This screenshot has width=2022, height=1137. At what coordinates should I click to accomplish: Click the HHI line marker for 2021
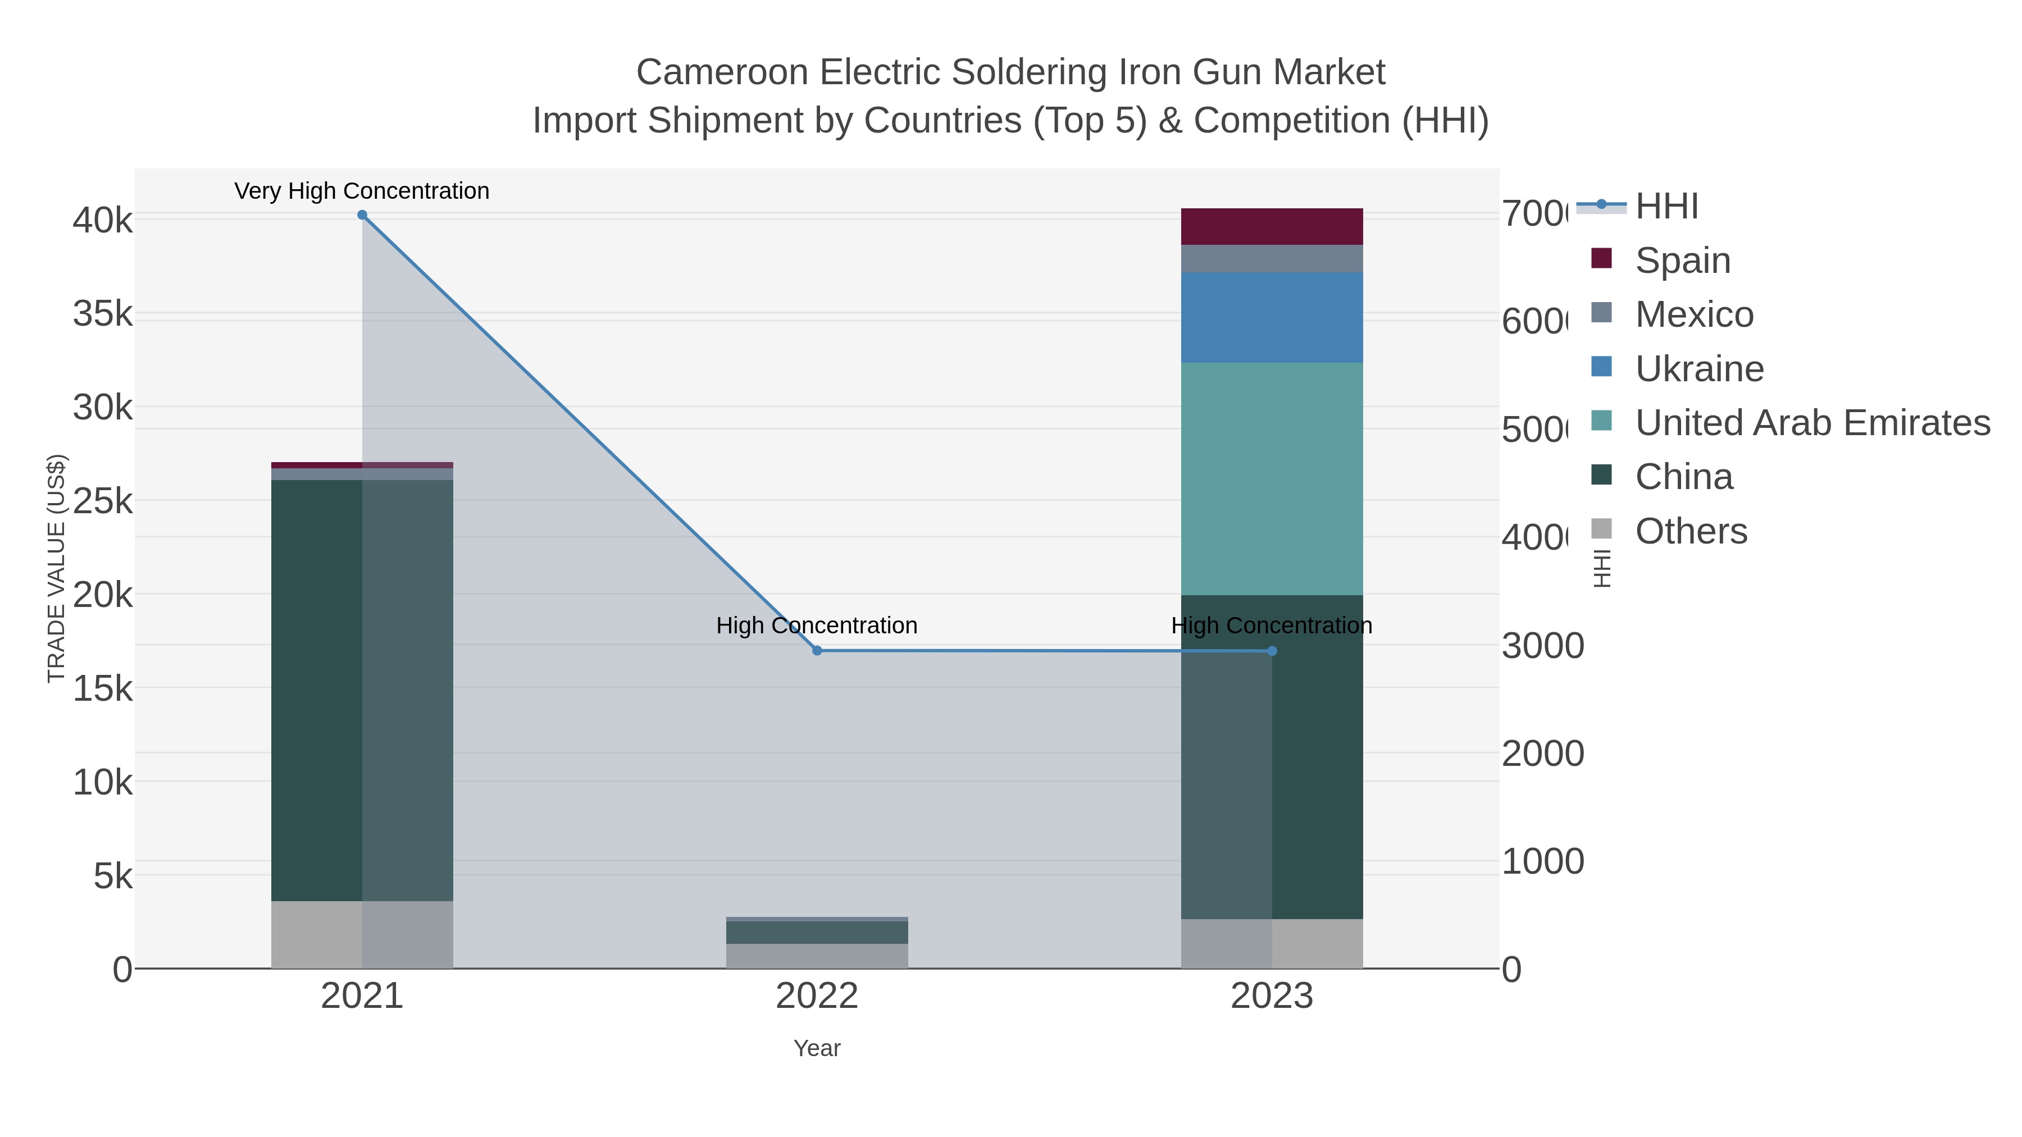coord(362,215)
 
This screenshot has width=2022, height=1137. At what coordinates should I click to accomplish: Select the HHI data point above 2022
coord(817,651)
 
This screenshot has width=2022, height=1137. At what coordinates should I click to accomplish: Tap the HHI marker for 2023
coord(1272,651)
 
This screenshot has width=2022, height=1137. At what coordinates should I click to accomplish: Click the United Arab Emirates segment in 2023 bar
coord(1272,478)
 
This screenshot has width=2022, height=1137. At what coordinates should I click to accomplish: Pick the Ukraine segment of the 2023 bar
coord(1272,317)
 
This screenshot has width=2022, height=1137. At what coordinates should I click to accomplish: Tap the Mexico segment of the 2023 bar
coord(1272,258)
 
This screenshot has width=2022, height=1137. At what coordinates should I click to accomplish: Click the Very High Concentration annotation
coord(362,191)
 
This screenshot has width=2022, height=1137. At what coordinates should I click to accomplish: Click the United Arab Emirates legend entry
coord(1811,423)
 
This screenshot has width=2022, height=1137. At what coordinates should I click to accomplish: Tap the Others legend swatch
coord(1601,529)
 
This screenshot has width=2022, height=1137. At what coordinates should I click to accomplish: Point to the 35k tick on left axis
coord(103,314)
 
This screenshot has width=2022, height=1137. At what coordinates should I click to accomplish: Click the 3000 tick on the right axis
coord(1542,646)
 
